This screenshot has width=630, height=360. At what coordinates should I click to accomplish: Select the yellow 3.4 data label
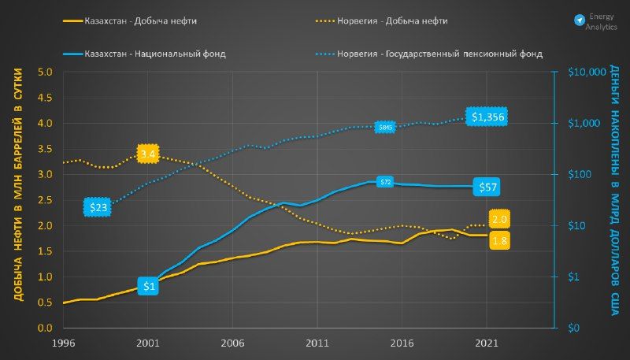pyautogui.click(x=148, y=153)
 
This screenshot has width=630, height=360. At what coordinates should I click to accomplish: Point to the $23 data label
pyautogui.click(x=98, y=207)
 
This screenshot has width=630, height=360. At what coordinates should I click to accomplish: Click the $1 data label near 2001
pyautogui.click(x=148, y=287)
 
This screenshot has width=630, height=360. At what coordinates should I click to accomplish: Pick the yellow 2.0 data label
pyautogui.click(x=498, y=218)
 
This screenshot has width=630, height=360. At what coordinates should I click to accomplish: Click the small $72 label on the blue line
pyautogui.click(x=385, y=182)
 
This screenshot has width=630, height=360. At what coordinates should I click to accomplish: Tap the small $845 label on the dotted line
pyautogui.click(x=385, y=127)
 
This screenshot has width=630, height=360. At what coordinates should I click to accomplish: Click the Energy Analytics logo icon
pyautogui.click(x=580, y=19)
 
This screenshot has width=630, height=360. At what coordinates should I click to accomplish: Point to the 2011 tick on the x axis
pyautogui.click(x=317, y=343)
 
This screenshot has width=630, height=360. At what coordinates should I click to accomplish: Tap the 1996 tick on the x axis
pyautogui.click(x=63, y=343)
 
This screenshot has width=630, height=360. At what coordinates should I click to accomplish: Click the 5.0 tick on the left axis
pyautogui.click(x=45, y=72)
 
